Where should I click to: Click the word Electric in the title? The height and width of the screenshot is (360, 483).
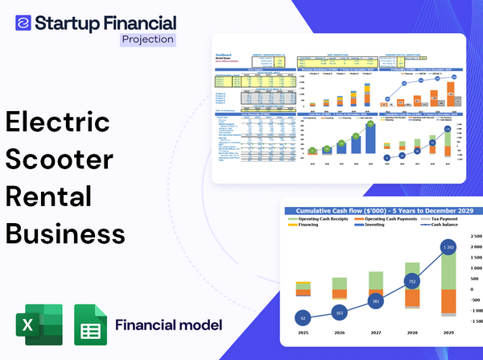(x=57, y=123)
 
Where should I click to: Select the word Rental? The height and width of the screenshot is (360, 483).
(x=49, y=196)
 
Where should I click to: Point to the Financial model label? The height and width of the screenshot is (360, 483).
(x=168, y=325)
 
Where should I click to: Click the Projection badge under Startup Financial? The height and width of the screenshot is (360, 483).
(x=147, y=39)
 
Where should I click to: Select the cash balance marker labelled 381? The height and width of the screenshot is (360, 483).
(x=374, y=301)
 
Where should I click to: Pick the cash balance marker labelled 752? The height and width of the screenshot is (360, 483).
(x=411, y=282)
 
